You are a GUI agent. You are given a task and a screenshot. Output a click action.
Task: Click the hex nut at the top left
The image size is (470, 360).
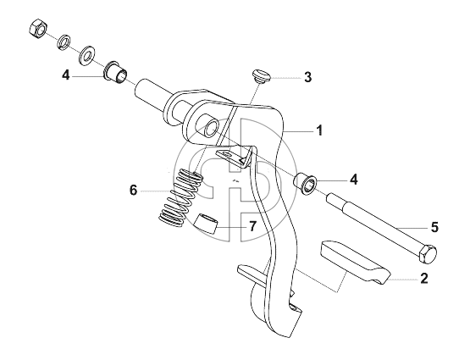[38, 30]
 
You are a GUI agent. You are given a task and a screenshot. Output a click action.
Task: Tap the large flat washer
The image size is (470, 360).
[86, 56]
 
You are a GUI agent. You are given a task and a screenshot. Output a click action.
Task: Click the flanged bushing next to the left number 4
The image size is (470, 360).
[116, 74]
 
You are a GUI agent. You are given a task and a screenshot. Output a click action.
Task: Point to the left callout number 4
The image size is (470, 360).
[66, 75]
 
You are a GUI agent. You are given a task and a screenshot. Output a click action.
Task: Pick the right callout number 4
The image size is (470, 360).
[353, 180]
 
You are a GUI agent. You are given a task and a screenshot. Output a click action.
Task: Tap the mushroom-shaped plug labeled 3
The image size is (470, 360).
[261, 76]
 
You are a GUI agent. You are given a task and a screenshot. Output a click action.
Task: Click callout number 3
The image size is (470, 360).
[308, 77]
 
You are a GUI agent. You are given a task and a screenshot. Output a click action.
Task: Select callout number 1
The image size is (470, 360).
[319, 130]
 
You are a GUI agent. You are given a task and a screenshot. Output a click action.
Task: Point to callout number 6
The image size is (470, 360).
[133, 190]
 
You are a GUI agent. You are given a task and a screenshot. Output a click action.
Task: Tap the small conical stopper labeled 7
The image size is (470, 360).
[206, 224]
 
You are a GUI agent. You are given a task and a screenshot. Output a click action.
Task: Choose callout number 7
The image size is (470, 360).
[253, 226]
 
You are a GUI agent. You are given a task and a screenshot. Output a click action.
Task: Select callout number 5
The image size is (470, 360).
[434, 227]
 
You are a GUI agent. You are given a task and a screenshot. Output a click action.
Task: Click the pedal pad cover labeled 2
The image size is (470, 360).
[356, 262]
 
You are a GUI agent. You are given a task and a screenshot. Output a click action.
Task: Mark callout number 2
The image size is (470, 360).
[423, 278]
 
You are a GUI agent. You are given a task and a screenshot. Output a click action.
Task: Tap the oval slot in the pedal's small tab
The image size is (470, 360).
[229, 154]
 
